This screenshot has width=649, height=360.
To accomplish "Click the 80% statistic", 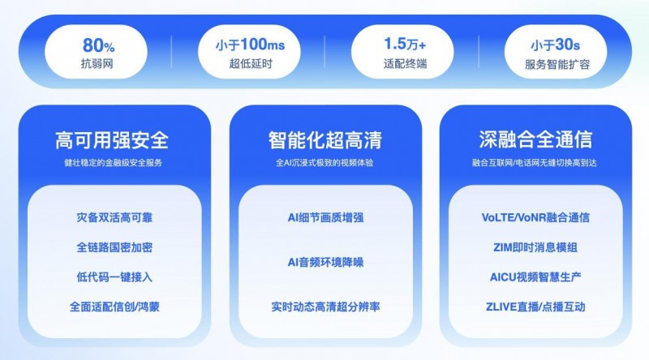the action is pyautogui.click(x=98, y=45).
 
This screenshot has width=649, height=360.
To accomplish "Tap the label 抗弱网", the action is pyautogui.click(x=97, y=64).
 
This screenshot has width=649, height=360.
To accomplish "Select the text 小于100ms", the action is pyautogui.click(x=250, y=45).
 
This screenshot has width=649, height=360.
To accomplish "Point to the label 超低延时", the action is pyautogui.click(x=251, y=64).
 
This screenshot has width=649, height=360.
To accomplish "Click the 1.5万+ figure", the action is pyautogui.click(x=405, y=44).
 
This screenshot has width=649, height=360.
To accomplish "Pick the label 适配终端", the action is pyautogui.click(x=405, y=64).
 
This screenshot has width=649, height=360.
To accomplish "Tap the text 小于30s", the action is pyautogui.click(x=556, y=45).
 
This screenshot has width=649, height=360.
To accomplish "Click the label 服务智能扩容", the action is pyautogui.click(x=557, y=64).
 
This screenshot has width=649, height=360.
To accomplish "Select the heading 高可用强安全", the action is pyautogui.click(x=112, y=139).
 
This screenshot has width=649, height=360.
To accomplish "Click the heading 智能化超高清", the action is pyautogui.click(x=325, y=139).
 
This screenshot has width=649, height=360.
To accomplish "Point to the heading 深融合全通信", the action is pyautogui.click(x=535, y=139).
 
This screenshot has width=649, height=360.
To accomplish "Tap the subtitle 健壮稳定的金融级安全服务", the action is pyautogui.click(x=113, y=163).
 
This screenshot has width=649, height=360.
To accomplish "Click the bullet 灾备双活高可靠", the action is pyautogui.click(x=114, y=217).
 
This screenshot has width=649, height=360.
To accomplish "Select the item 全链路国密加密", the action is pyautogui.click(x=114, y=247).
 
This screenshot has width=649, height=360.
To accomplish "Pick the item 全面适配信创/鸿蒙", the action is pyautogui.click(x=114, y=306).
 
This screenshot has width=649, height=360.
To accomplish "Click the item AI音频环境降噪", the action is pyautogui.click(x=325, y=262).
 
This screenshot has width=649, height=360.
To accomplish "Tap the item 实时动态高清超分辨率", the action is pyautogui.click(x=325, y=306).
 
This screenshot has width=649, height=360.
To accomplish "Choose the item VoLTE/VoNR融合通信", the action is pyautogui.click(x=535, y=217).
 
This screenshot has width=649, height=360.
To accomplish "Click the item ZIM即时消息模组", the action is pyautogui.click(x=535, y=247).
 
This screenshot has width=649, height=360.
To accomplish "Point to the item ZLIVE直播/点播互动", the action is pyautogui.click(x=535, y=306).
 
